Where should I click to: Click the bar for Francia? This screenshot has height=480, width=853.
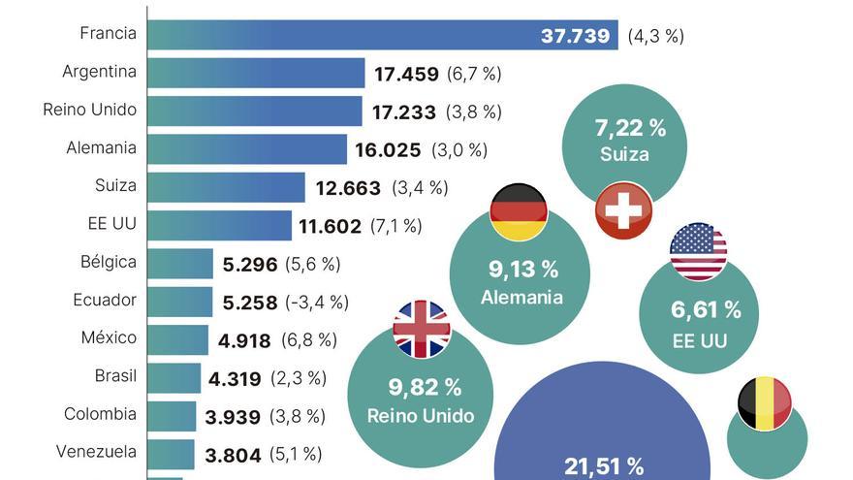(382, 36)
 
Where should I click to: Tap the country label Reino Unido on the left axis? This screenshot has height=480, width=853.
(90, 110)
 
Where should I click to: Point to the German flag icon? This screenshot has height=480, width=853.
(519, 211)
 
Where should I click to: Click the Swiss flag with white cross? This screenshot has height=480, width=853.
(623, 209)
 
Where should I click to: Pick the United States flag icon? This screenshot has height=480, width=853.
(698, 252)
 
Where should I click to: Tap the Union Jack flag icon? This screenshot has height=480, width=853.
(422, 329)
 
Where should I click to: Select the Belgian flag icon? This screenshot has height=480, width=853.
(765, 403)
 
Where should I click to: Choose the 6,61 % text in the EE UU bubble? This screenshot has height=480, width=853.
(706, 310)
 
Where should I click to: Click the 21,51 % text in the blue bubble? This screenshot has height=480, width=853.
(604, 466)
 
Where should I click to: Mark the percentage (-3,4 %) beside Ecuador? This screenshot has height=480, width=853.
(317, 303)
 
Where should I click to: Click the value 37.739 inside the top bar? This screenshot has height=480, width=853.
(575, 37)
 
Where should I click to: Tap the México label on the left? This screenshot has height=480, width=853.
(109, 337)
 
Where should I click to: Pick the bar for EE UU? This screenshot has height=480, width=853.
(220, 225)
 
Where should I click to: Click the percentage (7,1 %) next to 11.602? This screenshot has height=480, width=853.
(395, 226)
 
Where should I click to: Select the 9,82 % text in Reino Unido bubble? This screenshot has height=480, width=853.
(425, 388)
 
